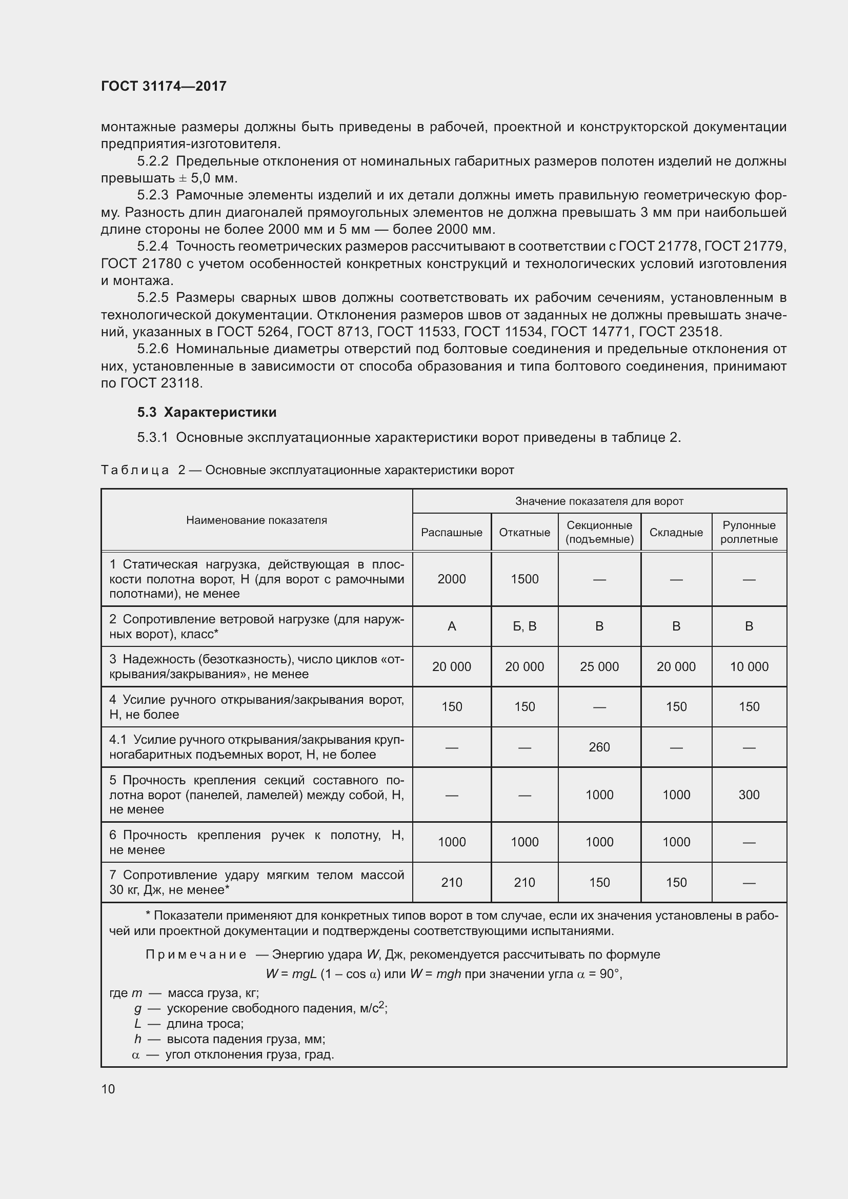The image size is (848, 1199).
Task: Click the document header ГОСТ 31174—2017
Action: pos(164,86)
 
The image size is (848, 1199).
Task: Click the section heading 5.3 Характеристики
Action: pos(207,412)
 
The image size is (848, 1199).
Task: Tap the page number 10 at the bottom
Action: pos(108,1089)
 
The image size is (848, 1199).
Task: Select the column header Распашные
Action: pos(451,532)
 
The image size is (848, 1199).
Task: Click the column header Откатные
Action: pos(524,532)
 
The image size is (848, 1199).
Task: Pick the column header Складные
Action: pos(676,532)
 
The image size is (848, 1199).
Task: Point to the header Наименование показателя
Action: pos(256,520)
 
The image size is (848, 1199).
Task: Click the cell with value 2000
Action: pos(451,579)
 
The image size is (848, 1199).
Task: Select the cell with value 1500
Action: pos(524,579)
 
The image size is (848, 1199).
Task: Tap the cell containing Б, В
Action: pos(524,626)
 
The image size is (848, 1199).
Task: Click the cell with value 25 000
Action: pos(599,666)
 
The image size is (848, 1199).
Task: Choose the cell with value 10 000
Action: pos(749,666)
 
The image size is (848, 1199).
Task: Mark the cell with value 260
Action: pos(599,747)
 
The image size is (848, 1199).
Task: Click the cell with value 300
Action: pos(749,795)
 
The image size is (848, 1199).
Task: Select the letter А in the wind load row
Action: pos(451,626)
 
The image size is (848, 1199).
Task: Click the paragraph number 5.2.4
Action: pos(152,246)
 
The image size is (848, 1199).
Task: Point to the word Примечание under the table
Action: pos(196,954)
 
